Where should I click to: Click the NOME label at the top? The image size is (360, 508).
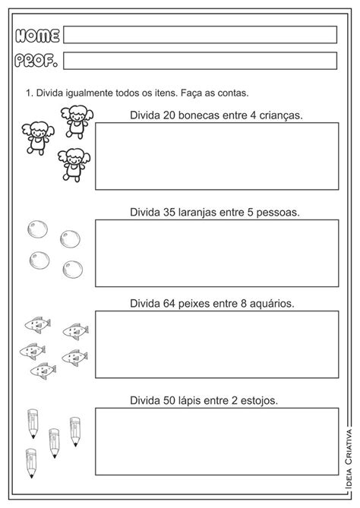[x=37, y=35]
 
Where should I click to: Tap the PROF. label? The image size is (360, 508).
[x=37, y=61]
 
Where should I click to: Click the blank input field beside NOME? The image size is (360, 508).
[x=200, y=35]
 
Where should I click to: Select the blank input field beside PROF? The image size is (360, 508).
[x=200, y=61]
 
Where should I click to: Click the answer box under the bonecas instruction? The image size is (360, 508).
[x=216, y=156]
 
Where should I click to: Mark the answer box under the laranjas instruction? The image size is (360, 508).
[x=216, y=253]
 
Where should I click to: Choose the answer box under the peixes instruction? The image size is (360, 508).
[x=216, y=344]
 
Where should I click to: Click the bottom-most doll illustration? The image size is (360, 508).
[x=73, y=165]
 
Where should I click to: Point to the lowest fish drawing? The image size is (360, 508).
[x=43, y=370]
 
